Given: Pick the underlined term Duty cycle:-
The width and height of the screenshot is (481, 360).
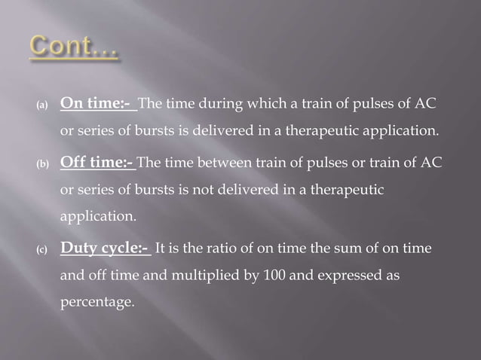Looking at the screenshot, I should [106, 248].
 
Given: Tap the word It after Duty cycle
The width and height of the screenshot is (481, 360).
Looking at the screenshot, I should [161, 248].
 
